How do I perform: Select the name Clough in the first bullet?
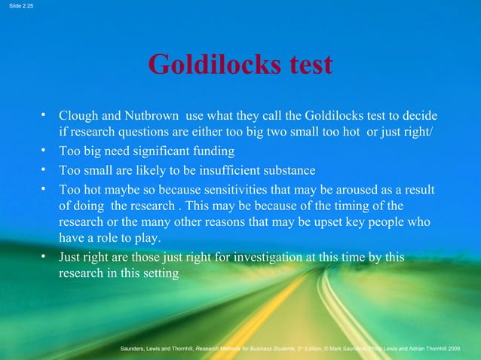tap(78, 117)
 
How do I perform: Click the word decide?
tap(421, 117)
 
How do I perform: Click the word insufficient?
tap(216, 169)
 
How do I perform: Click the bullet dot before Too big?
tap(45, 151)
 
